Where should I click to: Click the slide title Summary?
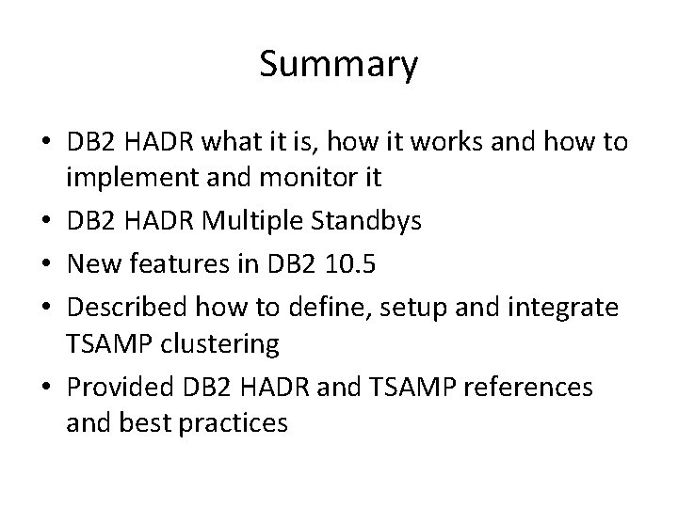pos(338,65)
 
